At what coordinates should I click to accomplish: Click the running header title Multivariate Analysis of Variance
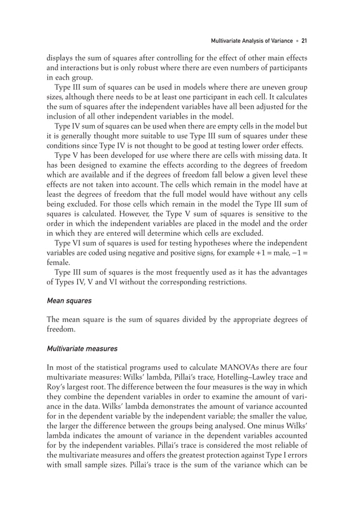tap(251, 41)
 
